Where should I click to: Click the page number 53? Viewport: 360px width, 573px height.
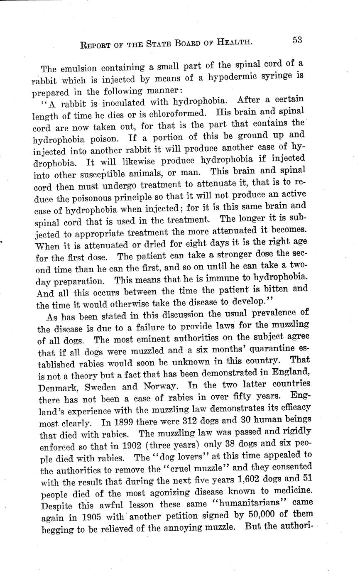[297, 40]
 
